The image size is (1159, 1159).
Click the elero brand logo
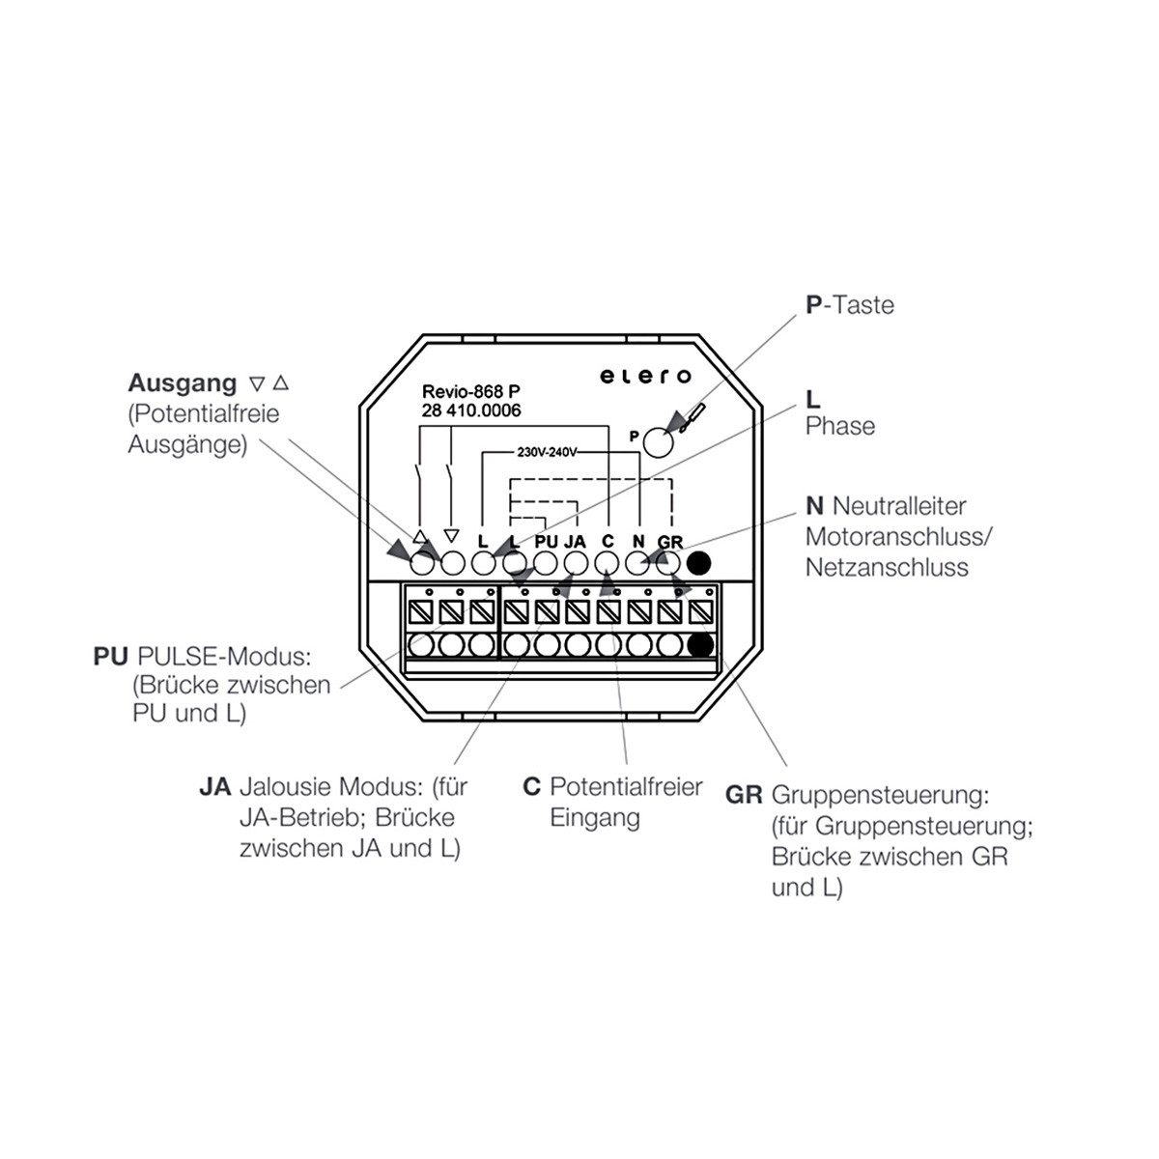(645, 377)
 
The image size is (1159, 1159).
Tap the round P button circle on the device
(659, 442)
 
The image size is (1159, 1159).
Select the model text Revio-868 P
(471, 391)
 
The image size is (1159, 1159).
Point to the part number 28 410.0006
(471, 410)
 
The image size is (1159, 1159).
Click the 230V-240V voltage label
(547, 452)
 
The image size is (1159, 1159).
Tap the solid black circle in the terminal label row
(698, 563)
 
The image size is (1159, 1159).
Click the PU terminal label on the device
(546, 541)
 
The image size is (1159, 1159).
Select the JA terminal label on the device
(575, 541)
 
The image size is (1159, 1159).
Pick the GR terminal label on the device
(670, 542)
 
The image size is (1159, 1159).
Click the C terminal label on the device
(608, 541)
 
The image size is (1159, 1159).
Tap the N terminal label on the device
(638, 541)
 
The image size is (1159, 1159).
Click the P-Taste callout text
(849, 305)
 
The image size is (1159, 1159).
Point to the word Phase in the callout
(839, 426)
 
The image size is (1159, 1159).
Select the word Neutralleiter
(899, 506)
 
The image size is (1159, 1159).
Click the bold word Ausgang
(183, 383)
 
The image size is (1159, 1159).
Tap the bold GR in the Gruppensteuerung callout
(744, 795)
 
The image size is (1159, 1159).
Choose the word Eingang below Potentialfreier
(595, 818)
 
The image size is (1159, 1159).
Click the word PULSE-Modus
(224, 656)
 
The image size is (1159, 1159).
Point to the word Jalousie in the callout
(286, 786)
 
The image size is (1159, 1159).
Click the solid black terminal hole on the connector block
(700, 645)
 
